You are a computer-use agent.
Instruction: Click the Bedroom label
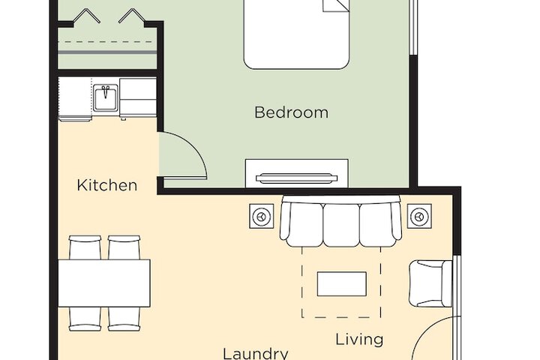(291, 113)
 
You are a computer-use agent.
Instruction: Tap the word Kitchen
(107, 185)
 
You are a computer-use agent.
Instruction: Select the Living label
(359, 339)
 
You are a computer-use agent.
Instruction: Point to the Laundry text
(256, 352)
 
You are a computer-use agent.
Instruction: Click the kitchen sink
(106, 97)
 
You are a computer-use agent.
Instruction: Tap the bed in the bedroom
(297, 37)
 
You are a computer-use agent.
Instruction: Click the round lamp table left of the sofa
(262, 217)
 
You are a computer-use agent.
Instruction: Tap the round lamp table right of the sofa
(419, 217)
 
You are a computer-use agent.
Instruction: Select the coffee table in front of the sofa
(341, 284)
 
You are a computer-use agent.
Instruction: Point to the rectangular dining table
(104, 283)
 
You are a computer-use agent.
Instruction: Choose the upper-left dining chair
(85, 248)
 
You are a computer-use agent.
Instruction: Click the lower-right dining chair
(124, 318)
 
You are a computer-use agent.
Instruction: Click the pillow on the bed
(336, 5)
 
